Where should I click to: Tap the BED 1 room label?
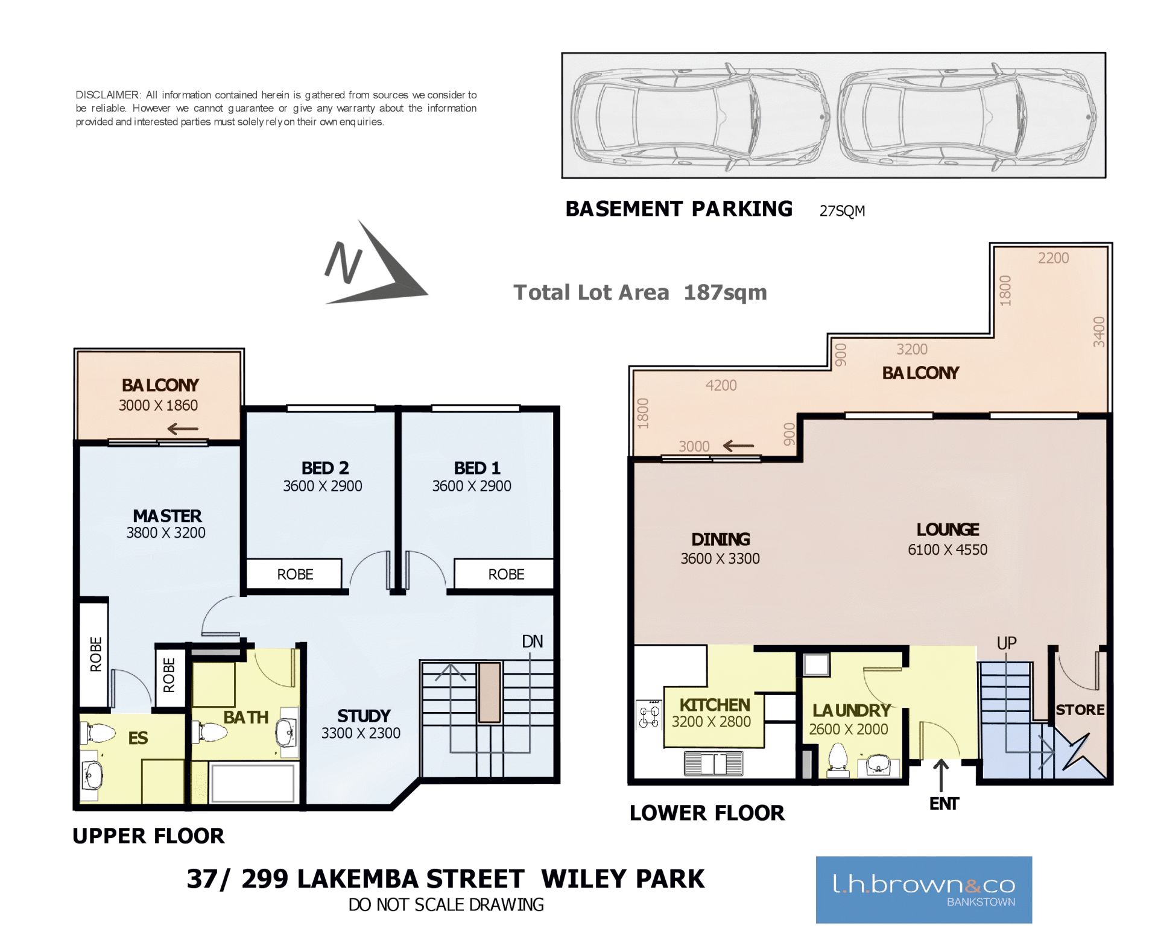[477, 468]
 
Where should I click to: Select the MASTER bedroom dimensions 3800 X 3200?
[166, 532]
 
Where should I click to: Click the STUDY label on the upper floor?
[364, 716]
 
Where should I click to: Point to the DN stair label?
[533, 641]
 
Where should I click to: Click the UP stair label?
[1007, 643]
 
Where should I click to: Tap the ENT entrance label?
[944, 804]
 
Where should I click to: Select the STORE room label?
[1080, 710]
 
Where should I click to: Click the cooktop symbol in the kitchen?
[650, 715]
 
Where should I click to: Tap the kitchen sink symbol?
[713, 763]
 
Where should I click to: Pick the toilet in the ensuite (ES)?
[98, 733]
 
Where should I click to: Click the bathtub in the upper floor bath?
[253, 783]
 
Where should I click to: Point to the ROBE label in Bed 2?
[295, 575]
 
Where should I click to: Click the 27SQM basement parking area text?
[842, 211]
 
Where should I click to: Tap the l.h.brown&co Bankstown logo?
[924, 889]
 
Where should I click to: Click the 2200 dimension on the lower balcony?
[1053, 258]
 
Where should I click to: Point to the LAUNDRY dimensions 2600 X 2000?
[849, 729]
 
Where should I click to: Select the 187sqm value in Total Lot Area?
[726, 292]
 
